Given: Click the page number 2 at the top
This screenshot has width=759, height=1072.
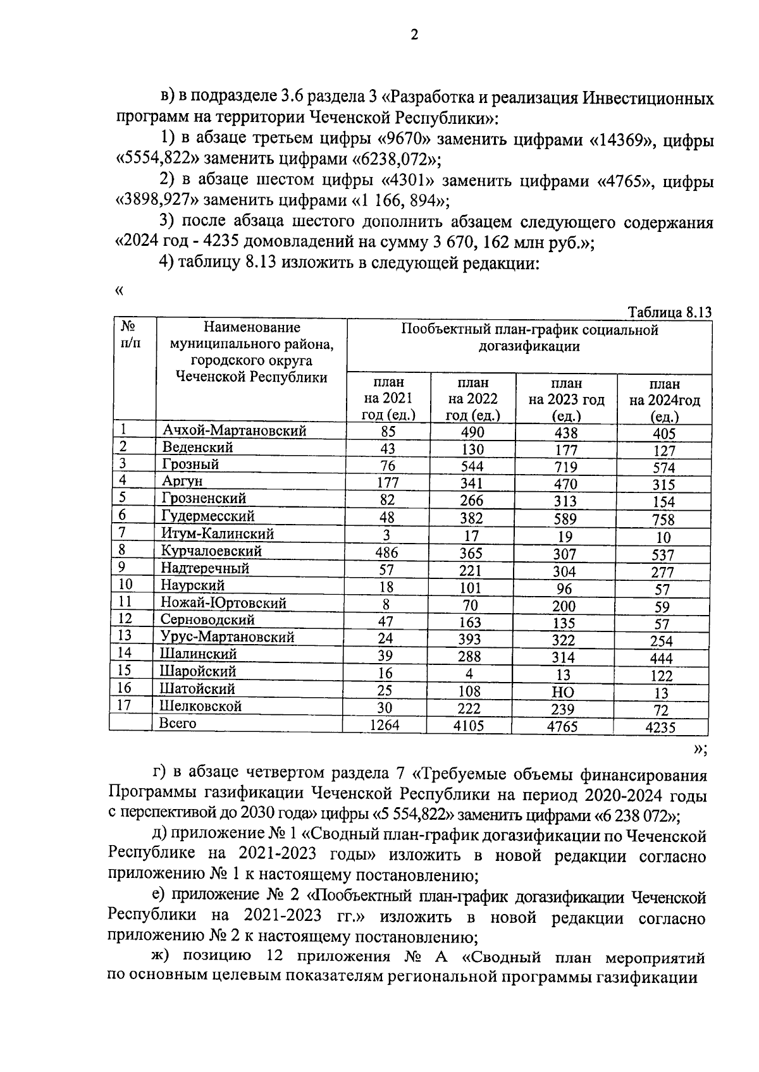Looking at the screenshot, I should (x=414, y=35).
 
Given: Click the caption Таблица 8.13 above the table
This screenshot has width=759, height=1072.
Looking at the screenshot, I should (x=670, y=313).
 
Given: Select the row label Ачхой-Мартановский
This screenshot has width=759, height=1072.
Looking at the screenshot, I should (x=234, y=430).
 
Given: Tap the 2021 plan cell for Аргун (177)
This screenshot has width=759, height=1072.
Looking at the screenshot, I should (x=387, y=483).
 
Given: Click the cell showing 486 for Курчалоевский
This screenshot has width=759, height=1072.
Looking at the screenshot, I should (x=386, y=552).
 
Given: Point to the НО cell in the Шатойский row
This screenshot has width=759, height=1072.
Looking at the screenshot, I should (x=563, y=693).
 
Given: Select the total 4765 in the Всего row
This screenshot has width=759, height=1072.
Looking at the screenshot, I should (x=563, y=726).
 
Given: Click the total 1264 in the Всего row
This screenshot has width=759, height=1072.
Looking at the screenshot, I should (x=385, y=725).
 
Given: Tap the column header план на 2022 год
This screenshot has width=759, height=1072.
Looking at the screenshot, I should (x=472, y=399).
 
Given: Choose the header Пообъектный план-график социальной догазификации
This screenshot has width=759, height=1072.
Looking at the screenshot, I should (x=529, y=338).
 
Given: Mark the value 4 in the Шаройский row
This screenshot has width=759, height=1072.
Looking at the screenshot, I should (x=469, y=674).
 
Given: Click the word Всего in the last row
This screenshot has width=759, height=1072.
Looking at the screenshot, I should (x=178, y=723).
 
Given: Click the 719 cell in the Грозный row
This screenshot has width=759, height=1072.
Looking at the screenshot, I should (x=565, y=466).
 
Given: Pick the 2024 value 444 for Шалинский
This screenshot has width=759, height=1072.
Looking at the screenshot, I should (x=661, y=658).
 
